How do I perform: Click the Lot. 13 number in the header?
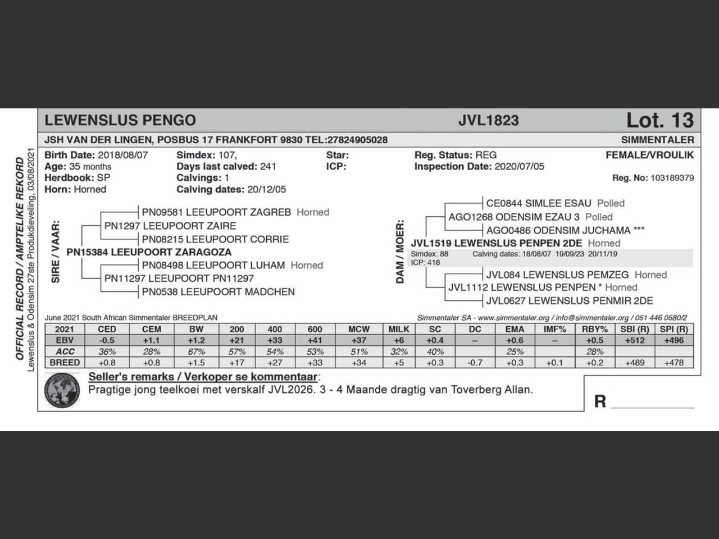pos(659,120)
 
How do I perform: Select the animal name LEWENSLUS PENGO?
pos(120,120)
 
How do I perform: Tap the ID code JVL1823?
pos(488,120)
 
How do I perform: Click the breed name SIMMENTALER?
pos(657,140)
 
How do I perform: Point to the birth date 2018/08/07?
pos(122,155)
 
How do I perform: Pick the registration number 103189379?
pos(672,178)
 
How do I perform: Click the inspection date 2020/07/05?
pos(519,167)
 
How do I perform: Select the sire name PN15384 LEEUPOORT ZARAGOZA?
pos(149,252)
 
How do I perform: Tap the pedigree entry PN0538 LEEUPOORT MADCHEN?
pos(218,291)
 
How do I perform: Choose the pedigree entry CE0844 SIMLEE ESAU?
pos(538,203)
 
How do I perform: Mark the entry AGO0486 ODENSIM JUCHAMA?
pos(558,230)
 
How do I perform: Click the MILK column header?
pos(399,329)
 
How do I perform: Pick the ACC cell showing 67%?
pos(196,351)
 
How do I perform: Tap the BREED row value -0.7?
pos(475,363)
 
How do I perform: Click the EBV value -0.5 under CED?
pos(107,340)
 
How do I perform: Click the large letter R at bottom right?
pos(600,401)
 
